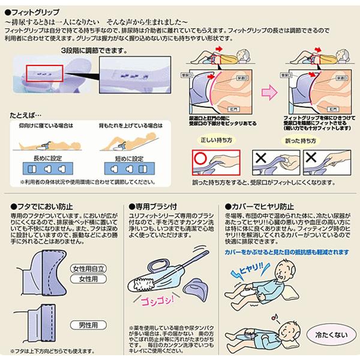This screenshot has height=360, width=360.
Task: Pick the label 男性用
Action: (x=88, y=325)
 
